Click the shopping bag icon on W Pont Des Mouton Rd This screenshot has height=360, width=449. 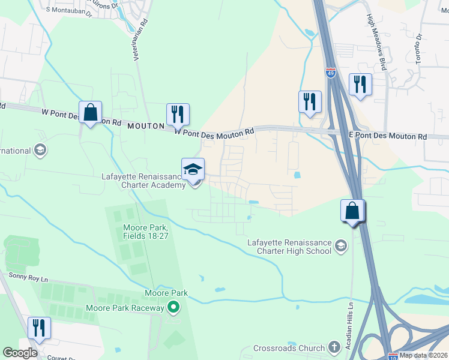click(90, 112)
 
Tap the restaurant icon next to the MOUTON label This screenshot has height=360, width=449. click(178, 114)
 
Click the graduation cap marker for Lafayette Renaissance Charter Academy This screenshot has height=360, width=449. click(193, 170)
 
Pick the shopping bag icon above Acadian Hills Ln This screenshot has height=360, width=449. click(352, 211)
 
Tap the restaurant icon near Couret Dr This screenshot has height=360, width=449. click(39, 328)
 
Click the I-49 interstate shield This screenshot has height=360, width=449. click(331, 73)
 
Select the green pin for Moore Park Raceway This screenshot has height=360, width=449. click(173, 308)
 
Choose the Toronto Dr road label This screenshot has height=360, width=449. click(419, 48)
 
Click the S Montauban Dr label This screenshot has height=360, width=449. click(68, 11)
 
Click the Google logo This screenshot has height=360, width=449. click(19, 353)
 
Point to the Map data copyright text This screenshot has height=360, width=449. click(424, 355)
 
